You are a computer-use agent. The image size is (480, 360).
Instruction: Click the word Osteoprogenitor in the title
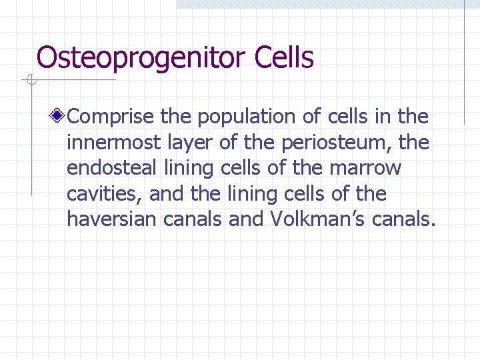(142, 59)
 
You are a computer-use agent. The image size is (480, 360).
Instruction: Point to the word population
(247, 117)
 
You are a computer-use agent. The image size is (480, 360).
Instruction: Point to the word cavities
(105, 194)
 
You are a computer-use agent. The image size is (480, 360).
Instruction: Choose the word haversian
(111, 219)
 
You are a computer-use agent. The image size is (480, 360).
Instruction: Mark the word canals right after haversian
(193, 219)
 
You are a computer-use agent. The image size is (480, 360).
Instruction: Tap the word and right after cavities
(167, 194)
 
